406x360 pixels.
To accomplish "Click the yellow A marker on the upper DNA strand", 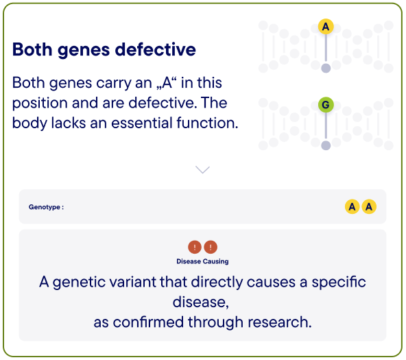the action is [326, 26].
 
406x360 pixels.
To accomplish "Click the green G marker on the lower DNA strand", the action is [326, 104].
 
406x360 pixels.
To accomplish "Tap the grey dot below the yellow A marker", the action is [326, 68].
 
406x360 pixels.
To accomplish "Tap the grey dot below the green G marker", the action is [326, 145].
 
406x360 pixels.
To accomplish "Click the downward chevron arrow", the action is [202, 170].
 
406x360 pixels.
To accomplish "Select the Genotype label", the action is [46, 207].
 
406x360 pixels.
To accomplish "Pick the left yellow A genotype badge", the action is [352, 206].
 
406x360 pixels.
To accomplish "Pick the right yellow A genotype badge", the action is [369, 206].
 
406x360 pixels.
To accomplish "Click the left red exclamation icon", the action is [195, 247].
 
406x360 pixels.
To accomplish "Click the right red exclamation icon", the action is [211, 247].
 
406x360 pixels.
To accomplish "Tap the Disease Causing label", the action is [202, 261].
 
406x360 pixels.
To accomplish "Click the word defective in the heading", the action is [156, 49].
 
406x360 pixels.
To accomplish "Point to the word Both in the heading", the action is [32, 49].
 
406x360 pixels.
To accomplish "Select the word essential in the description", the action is [142, 123].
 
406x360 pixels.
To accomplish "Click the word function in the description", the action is [207, 123].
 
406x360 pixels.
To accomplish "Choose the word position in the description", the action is [40, 104].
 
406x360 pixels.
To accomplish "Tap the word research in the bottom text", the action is [280, 322].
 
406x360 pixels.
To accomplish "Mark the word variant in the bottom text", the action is [134, 282].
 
